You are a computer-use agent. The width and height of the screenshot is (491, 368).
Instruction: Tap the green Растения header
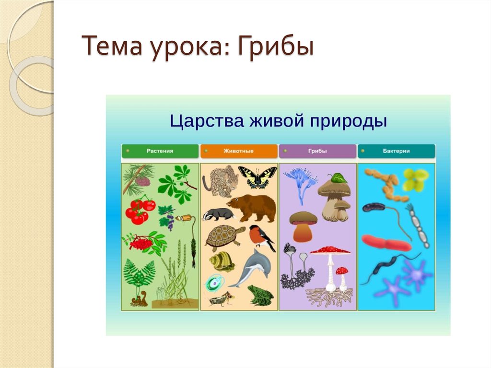(160, 151)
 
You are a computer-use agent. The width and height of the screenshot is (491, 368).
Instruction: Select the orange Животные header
(239, 151)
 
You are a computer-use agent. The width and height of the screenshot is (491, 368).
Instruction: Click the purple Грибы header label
(317, 151)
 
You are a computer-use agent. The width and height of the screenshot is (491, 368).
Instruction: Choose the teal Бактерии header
(396, 151)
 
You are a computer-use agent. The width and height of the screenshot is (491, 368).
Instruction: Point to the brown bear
(253, 207)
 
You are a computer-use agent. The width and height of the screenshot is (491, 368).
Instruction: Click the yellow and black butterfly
(257, 177)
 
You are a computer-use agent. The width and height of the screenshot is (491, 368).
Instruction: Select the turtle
(223, 237)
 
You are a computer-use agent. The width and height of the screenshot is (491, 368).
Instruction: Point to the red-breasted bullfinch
(260, 237)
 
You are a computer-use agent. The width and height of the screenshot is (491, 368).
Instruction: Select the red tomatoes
(140, 211)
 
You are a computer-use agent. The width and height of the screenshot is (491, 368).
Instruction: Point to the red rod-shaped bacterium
(386, 243)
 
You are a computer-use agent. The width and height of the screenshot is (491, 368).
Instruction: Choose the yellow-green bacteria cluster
(414, 179)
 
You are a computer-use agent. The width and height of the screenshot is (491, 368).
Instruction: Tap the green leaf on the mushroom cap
(339, 178)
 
